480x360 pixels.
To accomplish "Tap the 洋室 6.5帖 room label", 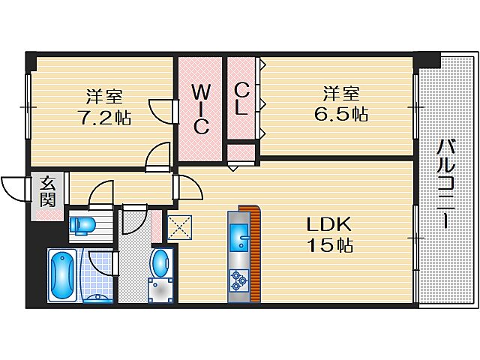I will (344, 104).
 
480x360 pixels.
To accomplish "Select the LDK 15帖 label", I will (328, 234).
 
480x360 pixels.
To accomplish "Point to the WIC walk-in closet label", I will (199, 109).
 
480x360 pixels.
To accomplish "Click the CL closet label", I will (241, 97).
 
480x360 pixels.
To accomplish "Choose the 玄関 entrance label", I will (47, 191).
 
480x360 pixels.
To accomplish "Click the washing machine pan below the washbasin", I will (160, 289).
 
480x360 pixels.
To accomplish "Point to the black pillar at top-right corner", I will (429, 58).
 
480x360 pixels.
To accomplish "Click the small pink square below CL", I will (241, 154).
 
